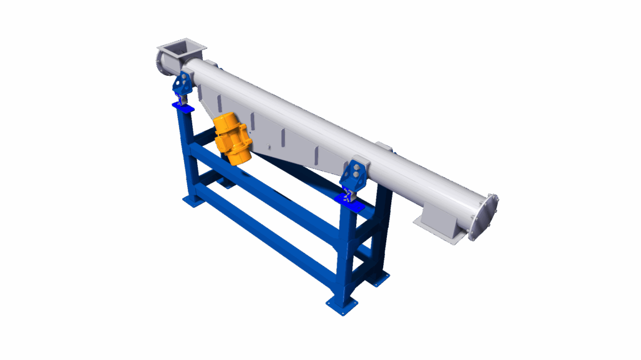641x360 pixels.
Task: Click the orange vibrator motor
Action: click(x=232, y=139)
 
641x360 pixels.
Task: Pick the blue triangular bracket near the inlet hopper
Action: click(x=183, y=83)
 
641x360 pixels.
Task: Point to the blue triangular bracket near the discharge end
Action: click(x=355, y=173)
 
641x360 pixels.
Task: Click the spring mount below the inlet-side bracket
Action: click(x=182, y=100)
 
